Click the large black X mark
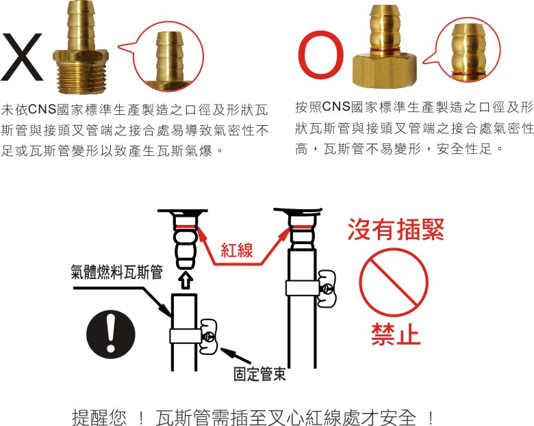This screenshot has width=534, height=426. tap(22, 57)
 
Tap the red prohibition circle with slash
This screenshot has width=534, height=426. tap(394, 282)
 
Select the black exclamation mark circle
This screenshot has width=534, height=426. tap(111, 334)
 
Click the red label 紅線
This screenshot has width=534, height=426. tap(237, 250)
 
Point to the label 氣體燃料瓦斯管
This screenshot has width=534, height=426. tap(116, 272)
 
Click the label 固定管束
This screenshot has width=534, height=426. tap(259, 374)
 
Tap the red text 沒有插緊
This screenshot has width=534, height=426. tap(396, 230)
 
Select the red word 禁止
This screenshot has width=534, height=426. tap(396, 334)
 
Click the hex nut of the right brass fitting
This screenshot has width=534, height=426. tap(385, 70)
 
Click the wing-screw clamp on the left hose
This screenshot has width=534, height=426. tap(208, 336)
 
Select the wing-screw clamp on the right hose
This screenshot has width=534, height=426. tap(327, 289)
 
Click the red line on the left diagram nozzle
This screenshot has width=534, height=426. tap(186, 226)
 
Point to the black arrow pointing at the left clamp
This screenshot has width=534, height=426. tap(236, 355)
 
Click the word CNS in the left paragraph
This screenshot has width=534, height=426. tap(42, 109)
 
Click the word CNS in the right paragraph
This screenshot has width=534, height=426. tap(336, 107)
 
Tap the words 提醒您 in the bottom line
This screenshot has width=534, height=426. tap(99, 417)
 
